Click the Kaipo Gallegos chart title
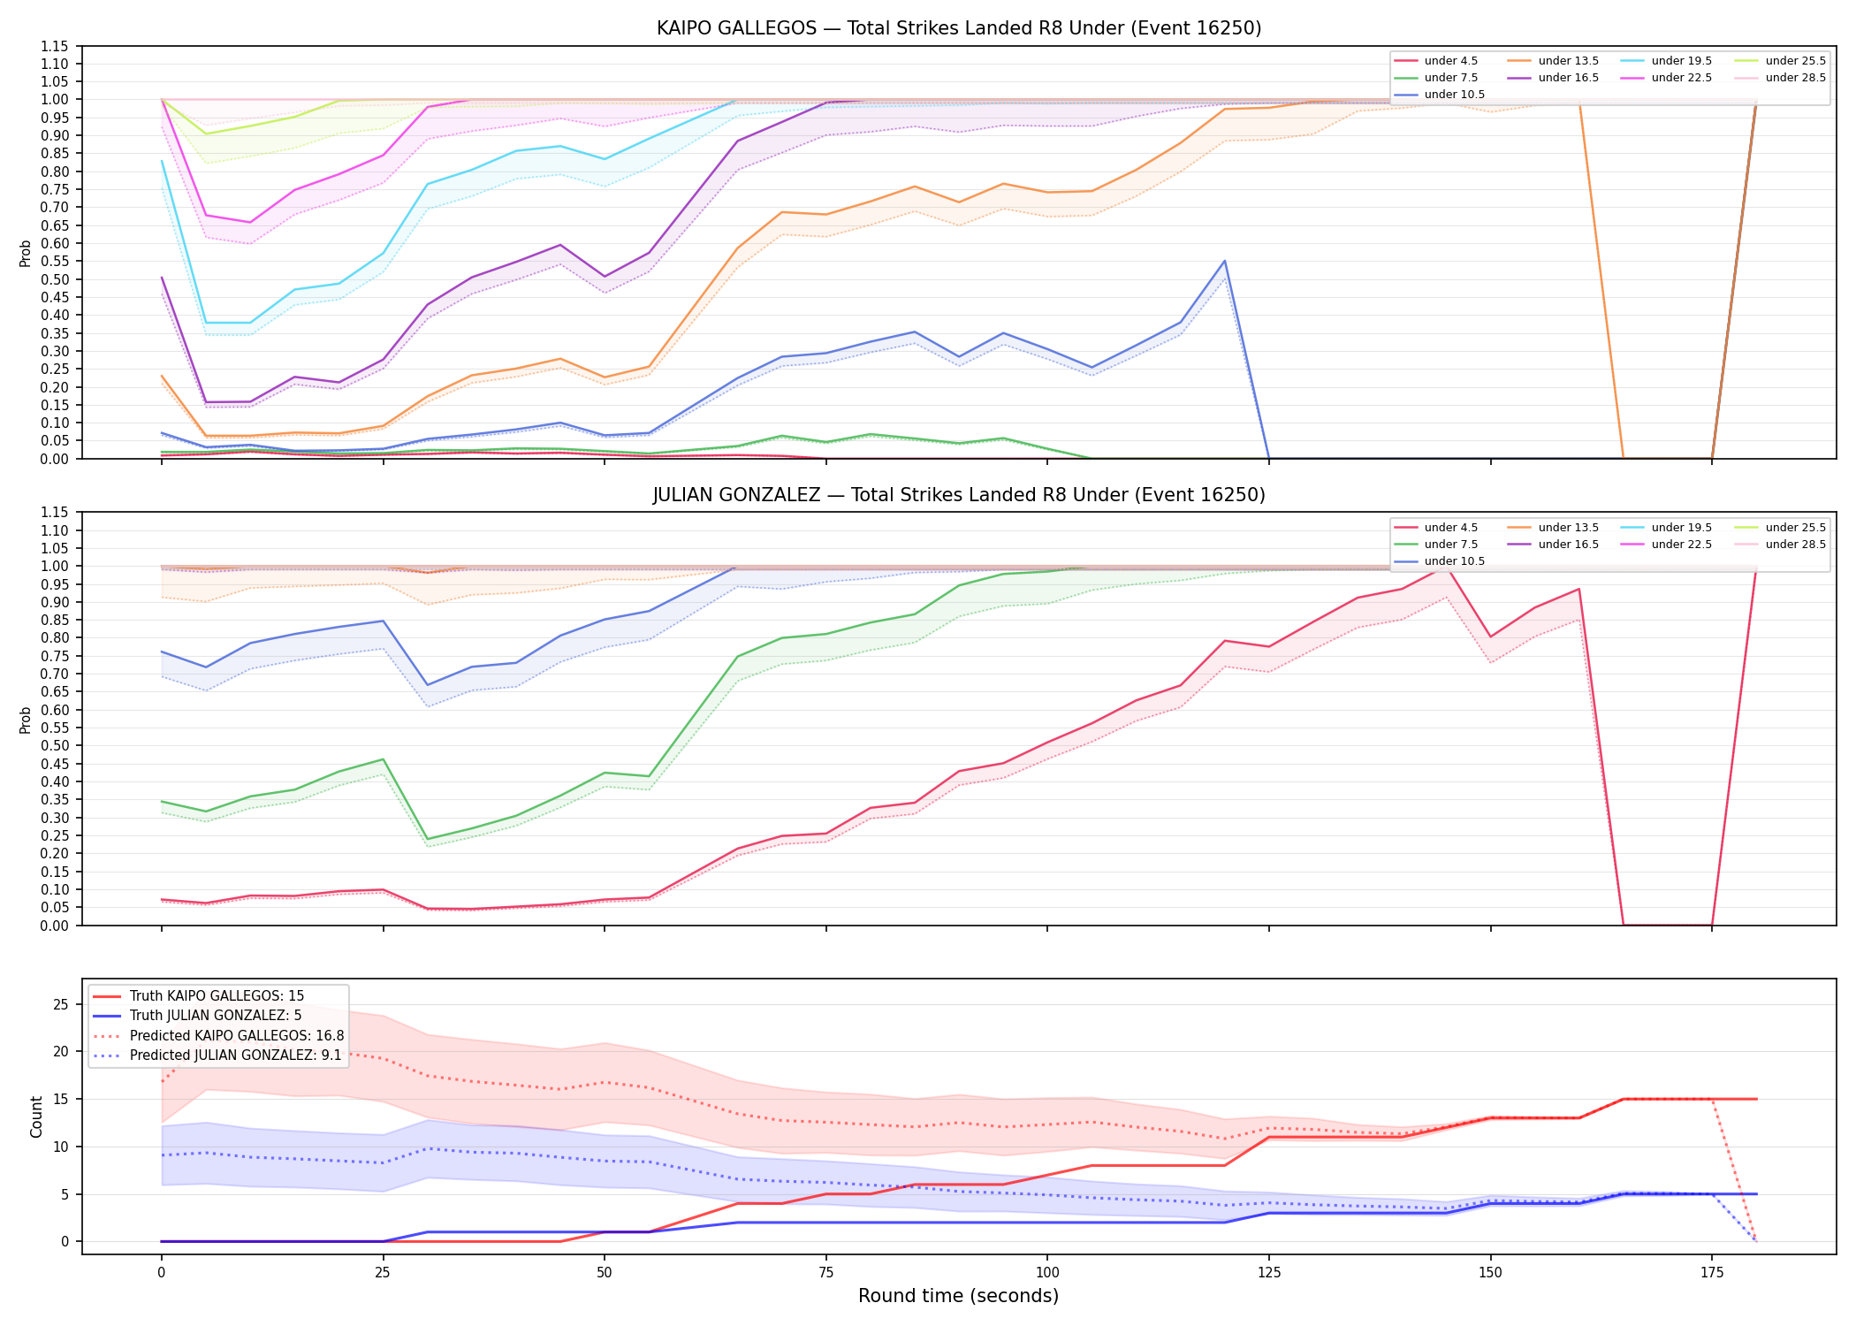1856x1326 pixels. point(959,28)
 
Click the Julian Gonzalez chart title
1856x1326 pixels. point(959,495)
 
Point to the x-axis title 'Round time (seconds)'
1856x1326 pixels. point(958,1296)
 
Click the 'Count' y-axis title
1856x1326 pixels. point(36,1116)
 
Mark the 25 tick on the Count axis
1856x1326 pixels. point(61,1004)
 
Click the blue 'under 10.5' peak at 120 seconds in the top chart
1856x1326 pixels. point(1224,261)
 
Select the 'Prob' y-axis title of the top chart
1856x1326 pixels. point(26,254)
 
